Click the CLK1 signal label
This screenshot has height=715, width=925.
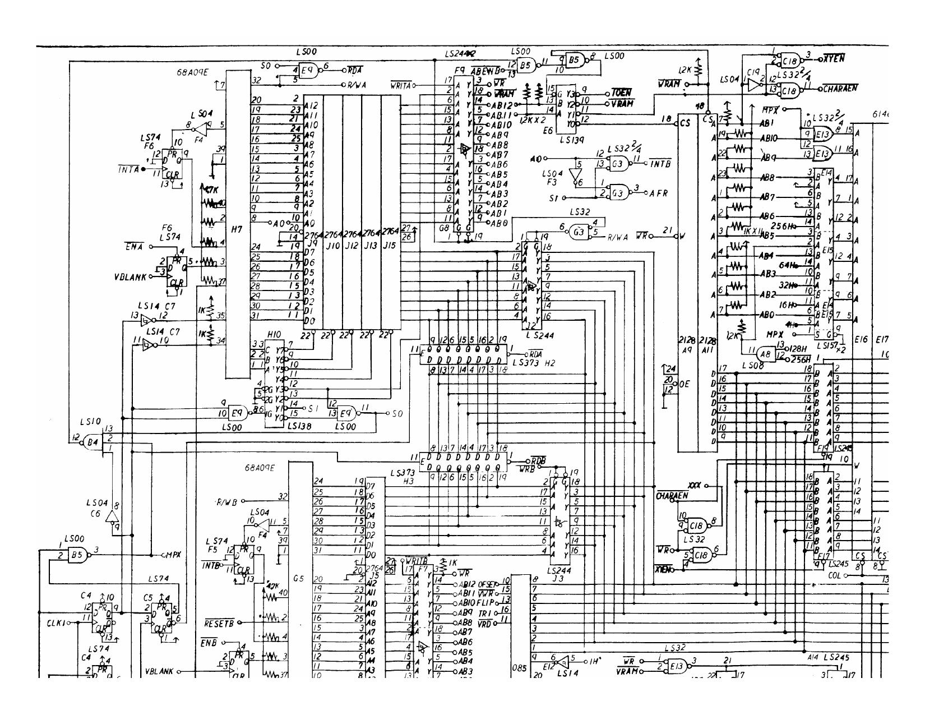tap(55, 623)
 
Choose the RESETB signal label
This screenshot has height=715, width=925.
tap(216, 622)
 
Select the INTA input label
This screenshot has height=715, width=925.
tap(128, 169)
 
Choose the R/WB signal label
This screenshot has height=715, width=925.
tap(226, 501)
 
